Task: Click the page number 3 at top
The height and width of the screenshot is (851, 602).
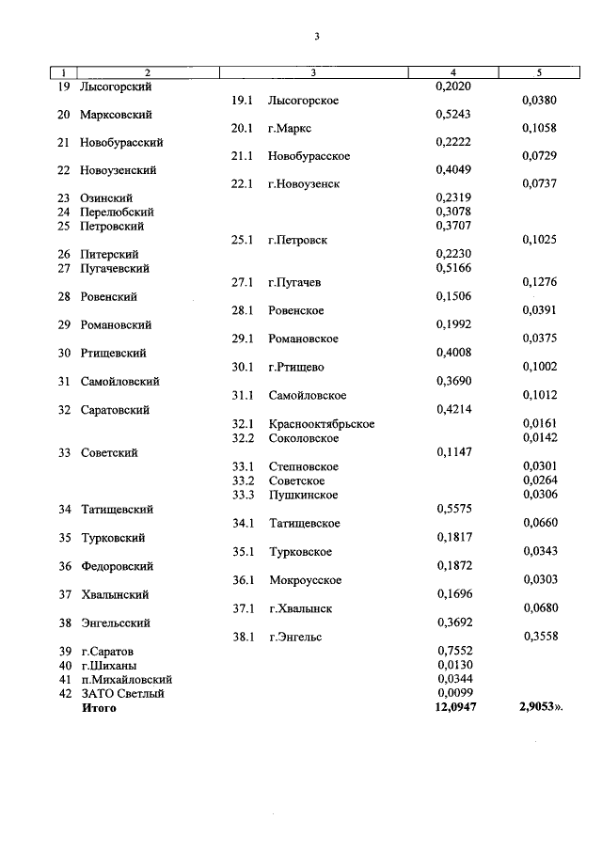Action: click(x=317, y=37)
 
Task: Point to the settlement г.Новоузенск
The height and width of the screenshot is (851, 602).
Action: click(x=303, y=184)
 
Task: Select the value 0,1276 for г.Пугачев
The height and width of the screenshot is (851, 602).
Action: click(x=539, y=282)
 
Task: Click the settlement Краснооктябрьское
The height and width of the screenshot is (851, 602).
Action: click(x=321, y=424)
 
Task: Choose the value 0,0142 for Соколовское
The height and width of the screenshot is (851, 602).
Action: click(x=539, y=438)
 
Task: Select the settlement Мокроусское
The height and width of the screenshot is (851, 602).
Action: click(x=305, y=580)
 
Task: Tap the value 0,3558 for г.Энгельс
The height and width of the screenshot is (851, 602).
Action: click(x=539, y=637)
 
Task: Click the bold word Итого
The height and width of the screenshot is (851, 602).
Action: click(x=99, y=708)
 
